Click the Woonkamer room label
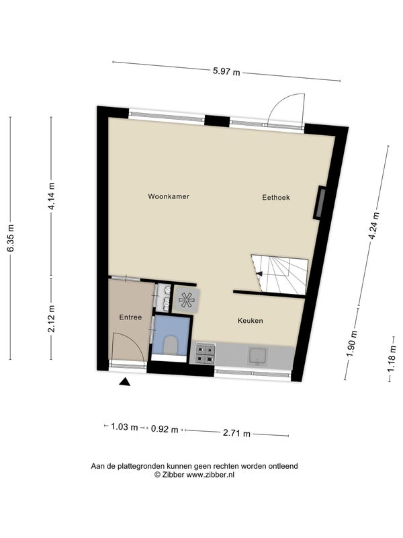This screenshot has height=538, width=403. (169, 196)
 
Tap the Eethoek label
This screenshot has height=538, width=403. (276, 197)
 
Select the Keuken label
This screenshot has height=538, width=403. (251, 321)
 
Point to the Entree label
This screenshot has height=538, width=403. (130, 317)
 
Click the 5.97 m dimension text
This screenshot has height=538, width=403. (226, 72)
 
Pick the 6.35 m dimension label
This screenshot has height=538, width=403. (11, 238)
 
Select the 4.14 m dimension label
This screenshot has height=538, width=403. (52, 196)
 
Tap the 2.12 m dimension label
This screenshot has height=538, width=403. (52, 319)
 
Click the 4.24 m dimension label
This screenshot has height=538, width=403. (375, 227)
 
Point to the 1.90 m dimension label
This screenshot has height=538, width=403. (353, 344)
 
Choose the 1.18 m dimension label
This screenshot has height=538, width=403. (391, 358)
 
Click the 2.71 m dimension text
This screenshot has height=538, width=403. (237, 433)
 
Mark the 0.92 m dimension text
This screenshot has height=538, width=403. (165, 429)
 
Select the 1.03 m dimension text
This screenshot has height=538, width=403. (125, 427)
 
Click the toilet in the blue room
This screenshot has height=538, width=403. (171, 345)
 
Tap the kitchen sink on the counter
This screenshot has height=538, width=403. (259, 356)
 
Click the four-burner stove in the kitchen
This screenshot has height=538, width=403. (206, 354)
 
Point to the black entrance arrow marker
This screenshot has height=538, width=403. (125, 382)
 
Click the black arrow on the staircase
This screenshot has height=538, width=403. (259, 274)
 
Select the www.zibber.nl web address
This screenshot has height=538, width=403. (210, 475)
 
